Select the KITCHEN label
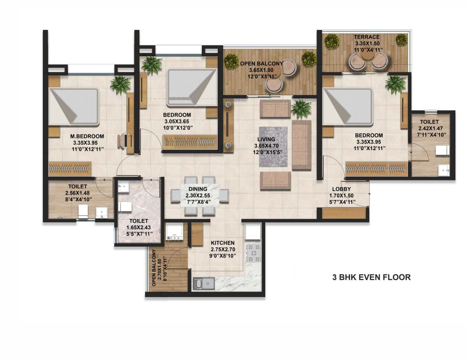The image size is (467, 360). coord(223,243)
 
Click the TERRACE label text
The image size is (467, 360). coord(367,37)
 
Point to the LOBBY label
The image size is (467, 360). coord(342,189)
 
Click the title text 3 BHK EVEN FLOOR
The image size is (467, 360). coord(371,277)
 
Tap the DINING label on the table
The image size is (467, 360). coord(197,189)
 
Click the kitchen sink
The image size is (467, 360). coord(204,283)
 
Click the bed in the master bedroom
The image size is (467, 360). coord(74,106)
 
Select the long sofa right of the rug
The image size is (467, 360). coord(302,144)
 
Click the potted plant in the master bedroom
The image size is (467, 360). coord(121,84)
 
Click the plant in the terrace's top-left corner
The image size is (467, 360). coord(331,42)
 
